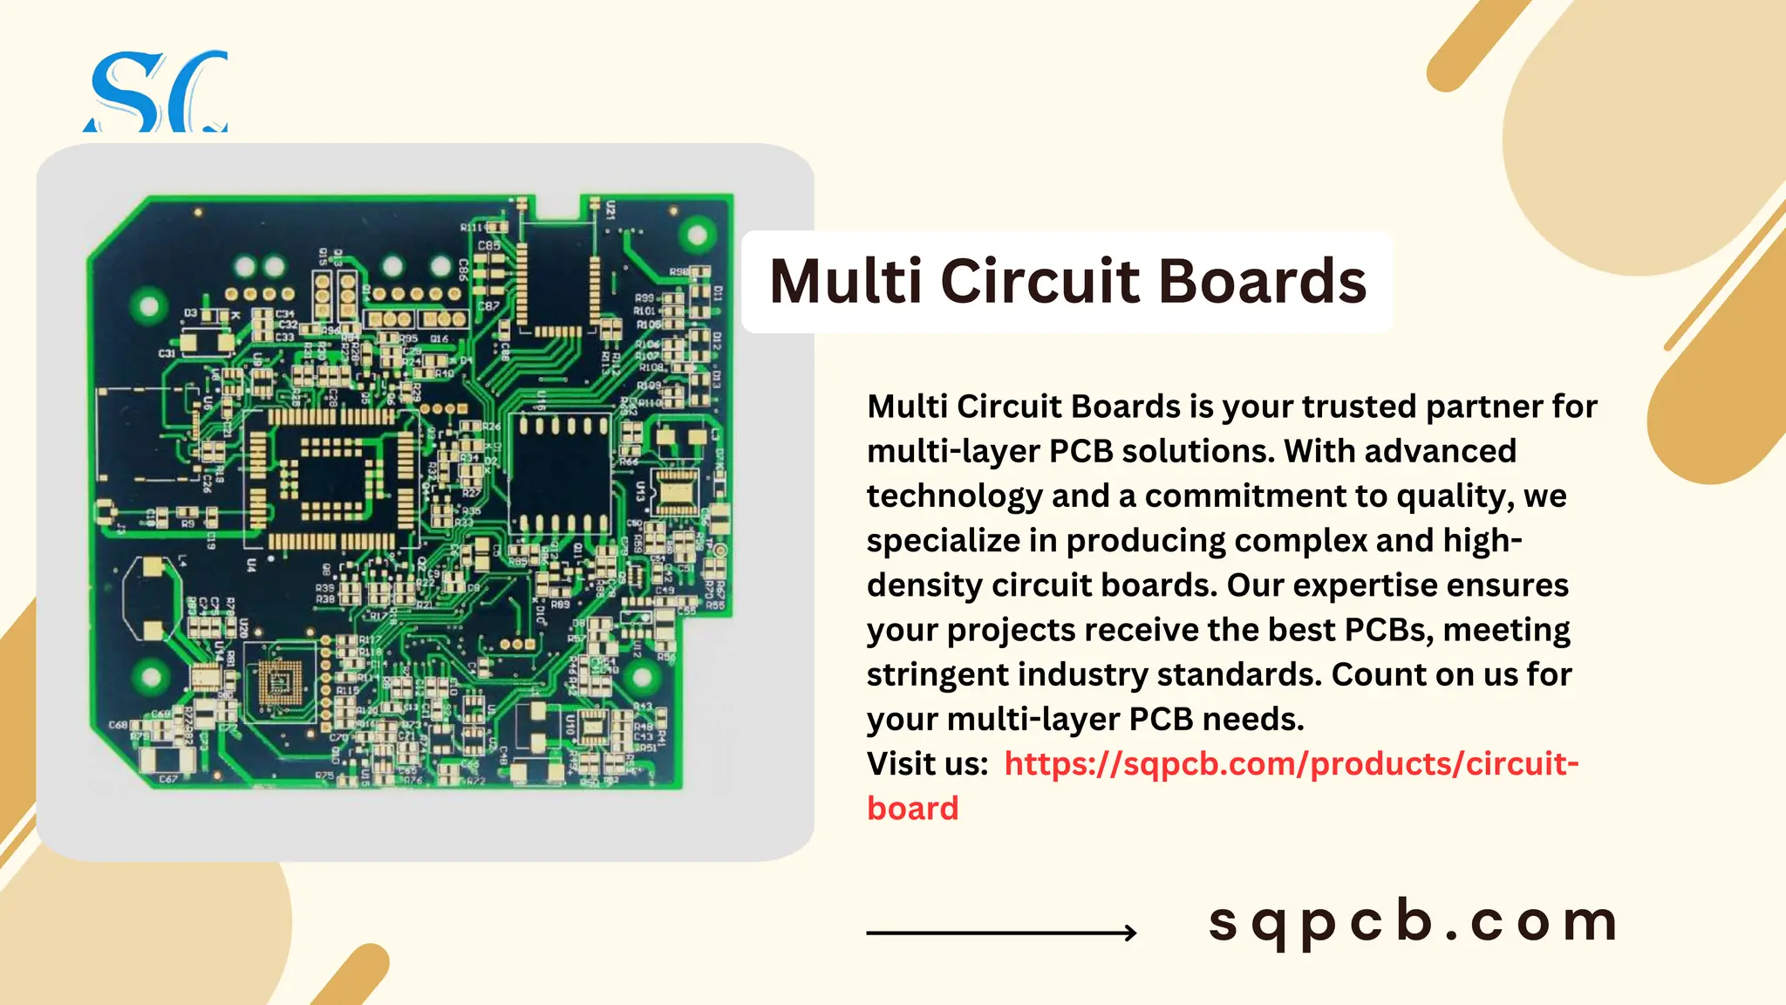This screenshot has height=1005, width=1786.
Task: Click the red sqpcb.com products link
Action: pos(1291,765)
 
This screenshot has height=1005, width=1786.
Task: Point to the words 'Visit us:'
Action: pos(927,764)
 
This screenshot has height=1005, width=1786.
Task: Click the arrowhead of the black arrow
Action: pos(1130,933)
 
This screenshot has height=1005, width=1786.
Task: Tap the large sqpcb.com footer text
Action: pos(1413,921)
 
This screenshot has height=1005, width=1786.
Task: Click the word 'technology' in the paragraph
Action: pos(954,496)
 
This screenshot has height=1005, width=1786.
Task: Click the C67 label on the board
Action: pos(167,778)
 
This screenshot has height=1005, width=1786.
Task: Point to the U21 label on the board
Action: pos(610,209)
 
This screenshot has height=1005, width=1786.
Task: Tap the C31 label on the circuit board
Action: pos(167,353)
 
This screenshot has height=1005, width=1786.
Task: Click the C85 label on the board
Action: pos(488,246)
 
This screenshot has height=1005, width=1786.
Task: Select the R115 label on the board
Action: pos(347,690)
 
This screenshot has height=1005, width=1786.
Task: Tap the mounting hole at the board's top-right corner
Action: pos(697,234)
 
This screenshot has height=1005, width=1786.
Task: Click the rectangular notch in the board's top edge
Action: pos(558,209)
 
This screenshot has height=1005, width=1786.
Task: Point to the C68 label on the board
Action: pos(118,725)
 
